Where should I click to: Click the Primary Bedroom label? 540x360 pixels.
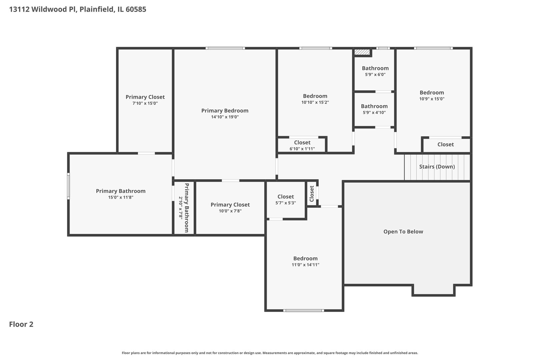pos(225,111)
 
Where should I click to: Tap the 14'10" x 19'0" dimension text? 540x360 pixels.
pos(225,117)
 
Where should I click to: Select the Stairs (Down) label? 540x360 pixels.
pos(437,167)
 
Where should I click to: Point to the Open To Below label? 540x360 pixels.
pos(403,232)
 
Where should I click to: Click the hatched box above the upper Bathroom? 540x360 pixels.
pos(362,52)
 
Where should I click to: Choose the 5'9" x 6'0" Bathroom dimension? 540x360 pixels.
pos(375,75)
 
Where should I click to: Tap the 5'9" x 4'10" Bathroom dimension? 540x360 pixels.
pos(374,113)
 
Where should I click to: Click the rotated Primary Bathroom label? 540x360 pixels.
pos(187,208)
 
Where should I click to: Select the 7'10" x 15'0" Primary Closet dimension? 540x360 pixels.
pos(145,103)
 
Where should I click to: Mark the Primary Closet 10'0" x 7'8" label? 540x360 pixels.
pos(230,205)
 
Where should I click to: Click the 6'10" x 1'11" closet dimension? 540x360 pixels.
pos(302,149)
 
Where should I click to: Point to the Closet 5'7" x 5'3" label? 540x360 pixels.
pos(286,197)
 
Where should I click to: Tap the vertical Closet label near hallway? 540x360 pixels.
pos(312,194)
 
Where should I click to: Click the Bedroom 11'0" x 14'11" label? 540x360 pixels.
pos(305,258)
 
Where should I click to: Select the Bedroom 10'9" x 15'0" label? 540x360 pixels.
pos(432,93)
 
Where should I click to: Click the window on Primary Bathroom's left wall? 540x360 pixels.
pos(68,186)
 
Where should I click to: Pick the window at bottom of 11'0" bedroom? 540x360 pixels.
pos(303,311)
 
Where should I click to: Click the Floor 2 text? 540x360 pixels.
pos(21,324)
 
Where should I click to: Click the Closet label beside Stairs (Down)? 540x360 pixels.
pos(445,144)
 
